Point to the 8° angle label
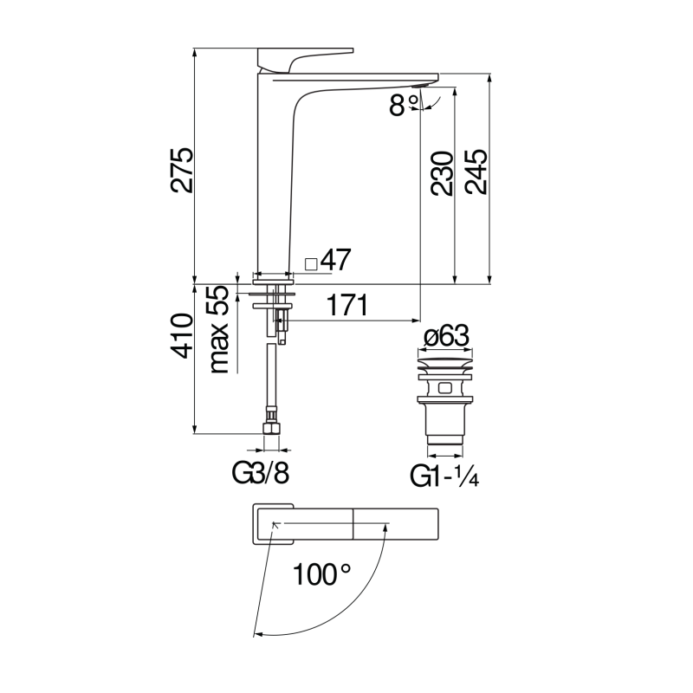point(403,105)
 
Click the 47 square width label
point(334,259)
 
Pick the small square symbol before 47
point(310,262)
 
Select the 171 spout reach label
point(346,305)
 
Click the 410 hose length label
point(179,334)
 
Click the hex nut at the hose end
point(273,429)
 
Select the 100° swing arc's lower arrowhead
point(258,636)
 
